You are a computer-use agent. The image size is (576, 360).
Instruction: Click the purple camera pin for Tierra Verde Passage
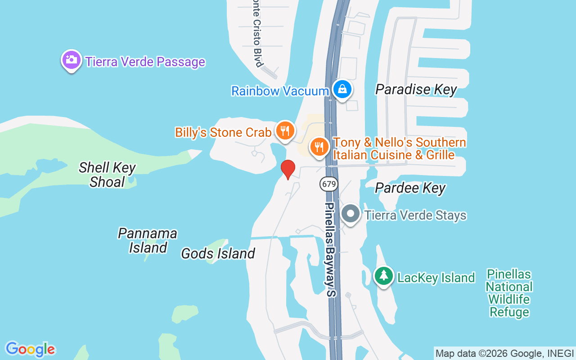[71, 60]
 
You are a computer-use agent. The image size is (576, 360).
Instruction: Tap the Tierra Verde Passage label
[145, 62]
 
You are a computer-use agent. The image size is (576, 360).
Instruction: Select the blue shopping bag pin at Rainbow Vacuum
[342, 89]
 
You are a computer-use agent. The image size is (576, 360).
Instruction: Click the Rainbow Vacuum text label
[280, 91]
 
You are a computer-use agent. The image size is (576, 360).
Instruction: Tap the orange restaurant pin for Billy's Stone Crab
[285, 131]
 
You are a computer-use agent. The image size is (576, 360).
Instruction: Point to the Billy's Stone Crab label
[223, 132]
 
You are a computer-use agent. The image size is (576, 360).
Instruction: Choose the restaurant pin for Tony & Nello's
[319, 147]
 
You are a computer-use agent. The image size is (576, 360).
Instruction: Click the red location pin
[288, 170]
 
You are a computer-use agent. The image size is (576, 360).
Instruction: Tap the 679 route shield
[329, 184]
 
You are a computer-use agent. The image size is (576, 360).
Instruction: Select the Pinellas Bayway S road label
[331, 250]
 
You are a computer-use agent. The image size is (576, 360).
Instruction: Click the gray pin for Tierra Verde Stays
[351, 214]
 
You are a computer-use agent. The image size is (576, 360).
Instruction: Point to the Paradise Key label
[416, 90]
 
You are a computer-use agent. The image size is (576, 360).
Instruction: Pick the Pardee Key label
[410, 188]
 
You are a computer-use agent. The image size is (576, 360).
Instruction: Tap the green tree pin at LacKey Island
[383, 276]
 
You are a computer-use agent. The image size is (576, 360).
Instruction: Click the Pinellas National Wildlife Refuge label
[509, 293]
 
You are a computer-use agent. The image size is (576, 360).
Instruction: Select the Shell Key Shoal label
[107, 175]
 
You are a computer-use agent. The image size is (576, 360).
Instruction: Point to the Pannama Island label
[148, 240]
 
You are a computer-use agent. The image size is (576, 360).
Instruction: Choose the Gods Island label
[218, 254]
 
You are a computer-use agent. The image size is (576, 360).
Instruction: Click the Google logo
[30, 349]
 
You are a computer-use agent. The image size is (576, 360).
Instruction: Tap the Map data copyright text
[504, 353]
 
